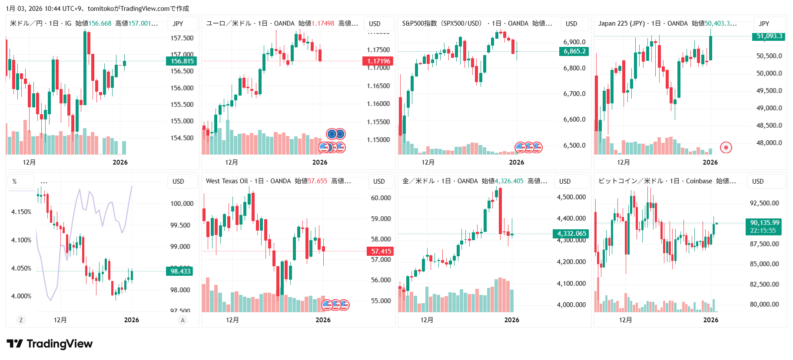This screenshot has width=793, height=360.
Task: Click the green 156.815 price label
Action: (x=182, y=61)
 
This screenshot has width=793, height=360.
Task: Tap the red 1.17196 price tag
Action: (x=378, y=61)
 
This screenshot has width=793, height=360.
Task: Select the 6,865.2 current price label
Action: (x=574, y=51)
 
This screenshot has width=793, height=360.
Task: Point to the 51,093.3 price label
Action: (x=769, y=36)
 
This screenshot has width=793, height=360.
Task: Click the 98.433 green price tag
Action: (x=180, y=271)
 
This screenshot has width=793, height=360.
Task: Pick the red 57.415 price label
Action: (x=381, y=251)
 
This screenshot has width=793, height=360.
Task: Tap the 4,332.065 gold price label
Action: (x=571, y=234)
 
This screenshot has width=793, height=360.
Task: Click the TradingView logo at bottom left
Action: (x=50, y=344)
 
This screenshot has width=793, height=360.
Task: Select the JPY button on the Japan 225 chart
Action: (x=764, y=24)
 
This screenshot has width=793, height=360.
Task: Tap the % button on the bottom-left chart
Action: (x=15, y=182)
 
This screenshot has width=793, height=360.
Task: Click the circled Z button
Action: (x=21, y=320)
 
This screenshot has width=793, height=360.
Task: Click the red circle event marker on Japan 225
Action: (x=726, y=148)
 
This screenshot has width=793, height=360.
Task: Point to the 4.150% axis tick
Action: (x=21, y=212)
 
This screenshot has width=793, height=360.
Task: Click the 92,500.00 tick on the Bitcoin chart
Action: (x=764, y=203)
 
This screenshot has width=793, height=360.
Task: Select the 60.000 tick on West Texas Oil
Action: (x=381, y=198)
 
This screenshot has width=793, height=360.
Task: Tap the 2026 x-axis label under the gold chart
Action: (x=511, y=320)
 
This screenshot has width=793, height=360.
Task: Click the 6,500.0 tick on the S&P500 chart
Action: (x=574, y=145)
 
